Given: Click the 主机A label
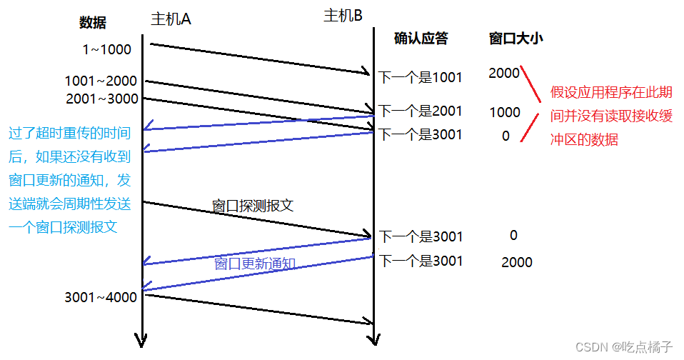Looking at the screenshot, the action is pyautogui.click(x=171, y=19).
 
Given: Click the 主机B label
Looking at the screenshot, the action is pyautogui.click(x=343, y=15).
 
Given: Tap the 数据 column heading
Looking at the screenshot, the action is pyautogui.click(x=93, y=23).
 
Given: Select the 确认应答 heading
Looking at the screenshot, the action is pyautogui.click(x=421, y=39).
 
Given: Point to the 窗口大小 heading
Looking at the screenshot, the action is pyautogui.click(x=515, y=39).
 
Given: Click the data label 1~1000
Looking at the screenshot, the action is pyautogui.click(x=107, y=49).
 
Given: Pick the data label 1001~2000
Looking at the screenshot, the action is pyautogui.click(x=101, y=81).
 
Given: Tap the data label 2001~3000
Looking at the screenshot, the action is pyautogui.click(x=102, y=99).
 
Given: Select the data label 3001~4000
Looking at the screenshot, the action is pyautogui.click(x=101, y=297).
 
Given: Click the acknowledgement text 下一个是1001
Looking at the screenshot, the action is pyautogui.click(x=420, y=77).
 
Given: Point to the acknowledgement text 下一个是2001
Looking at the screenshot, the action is pyautogui.click(x=420, y=111).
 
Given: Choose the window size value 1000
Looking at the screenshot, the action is pyautogui.click(x=505, y=112).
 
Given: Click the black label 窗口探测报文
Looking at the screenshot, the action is pyautogui.click(x=253, y=206).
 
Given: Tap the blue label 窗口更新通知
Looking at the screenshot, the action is pyautogui.click(x=255, y=263).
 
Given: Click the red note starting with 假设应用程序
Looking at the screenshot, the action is pyautogui.click(x=611, y=116).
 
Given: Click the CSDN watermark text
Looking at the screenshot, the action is pyautogui.click(x=623, y=347).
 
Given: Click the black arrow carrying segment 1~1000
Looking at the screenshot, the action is pyautogui.click(x=261, y=59).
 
